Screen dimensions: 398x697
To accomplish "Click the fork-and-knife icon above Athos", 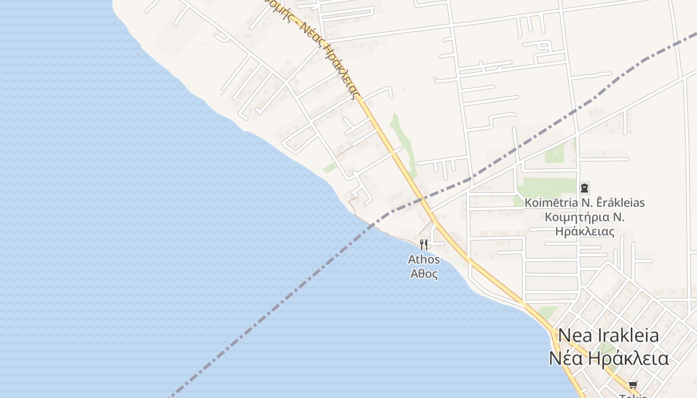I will (424, 244).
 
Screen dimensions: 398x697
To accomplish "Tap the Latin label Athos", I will (424, 259).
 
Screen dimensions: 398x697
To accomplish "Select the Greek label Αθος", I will (424, 274).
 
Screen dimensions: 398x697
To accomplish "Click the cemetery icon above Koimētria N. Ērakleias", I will (584, 188).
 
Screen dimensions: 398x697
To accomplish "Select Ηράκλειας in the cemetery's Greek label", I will (585, 232).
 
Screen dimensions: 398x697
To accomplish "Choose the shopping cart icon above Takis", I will (633, 385).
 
